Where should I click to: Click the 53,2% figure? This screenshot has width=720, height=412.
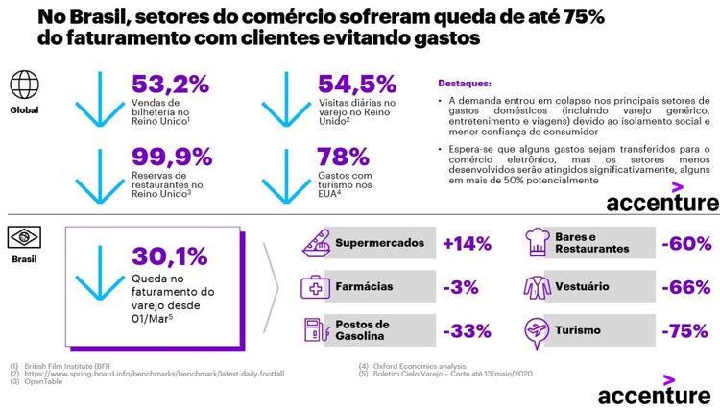[170, 84]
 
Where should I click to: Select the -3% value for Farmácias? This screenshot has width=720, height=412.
[460, 287]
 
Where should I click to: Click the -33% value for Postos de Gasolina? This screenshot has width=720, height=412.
[466, 331]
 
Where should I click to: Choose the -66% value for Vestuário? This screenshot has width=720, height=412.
[684, 287]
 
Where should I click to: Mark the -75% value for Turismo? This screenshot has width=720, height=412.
[684, 331]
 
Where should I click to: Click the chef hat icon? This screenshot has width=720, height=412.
[535, 242]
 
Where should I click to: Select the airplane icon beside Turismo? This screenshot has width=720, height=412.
[535, 330]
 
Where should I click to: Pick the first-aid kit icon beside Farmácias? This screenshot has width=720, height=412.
[315, 286]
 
